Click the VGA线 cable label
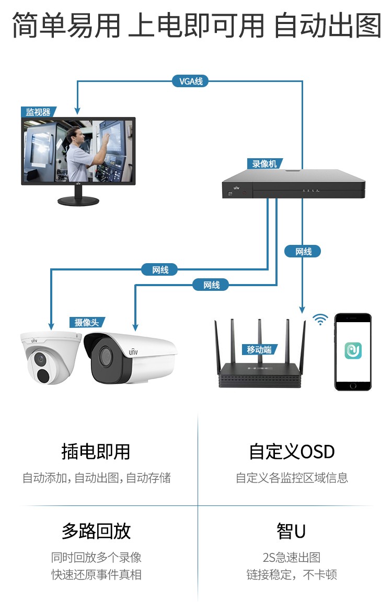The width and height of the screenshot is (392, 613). (190, 81)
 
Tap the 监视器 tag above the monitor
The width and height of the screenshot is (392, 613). (38, 112)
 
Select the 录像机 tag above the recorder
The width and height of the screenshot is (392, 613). (264, 164)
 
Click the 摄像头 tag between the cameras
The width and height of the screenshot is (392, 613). (87, 323)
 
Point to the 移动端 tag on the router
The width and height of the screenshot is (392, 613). (259, 349)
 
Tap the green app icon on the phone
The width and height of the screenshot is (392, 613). (353, 350)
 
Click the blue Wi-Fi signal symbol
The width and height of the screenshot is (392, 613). (320, 320)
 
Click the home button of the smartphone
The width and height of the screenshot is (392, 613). (353, 386)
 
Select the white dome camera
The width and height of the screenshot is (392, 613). (51, 357)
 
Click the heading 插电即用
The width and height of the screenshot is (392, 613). (96, 452)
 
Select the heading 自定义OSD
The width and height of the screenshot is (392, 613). (292, 452)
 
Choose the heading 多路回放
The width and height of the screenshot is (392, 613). (96, 531)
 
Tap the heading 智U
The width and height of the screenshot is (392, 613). (291, 531)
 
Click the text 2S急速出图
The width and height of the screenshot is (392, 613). (292, 557)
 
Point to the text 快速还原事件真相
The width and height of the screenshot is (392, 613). (96, 575)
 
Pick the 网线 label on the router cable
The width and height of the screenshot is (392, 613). (303, 251)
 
